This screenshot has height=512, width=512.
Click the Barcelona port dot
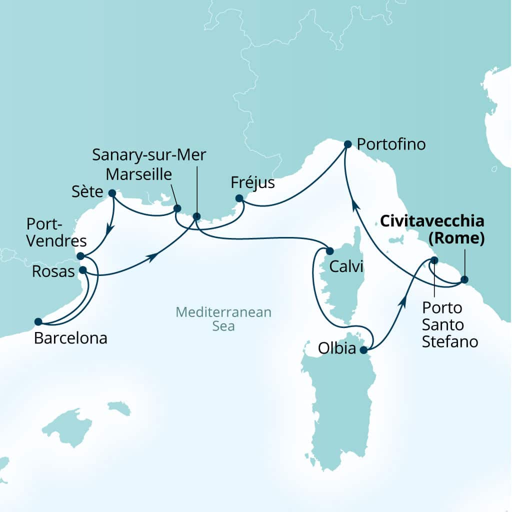[x=37, y=321]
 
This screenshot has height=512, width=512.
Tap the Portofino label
[x=391, y=144]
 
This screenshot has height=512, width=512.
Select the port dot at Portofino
[x=348, y=144]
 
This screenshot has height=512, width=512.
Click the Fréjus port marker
[x=239, y=198]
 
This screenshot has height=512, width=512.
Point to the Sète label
[x=87, y=192]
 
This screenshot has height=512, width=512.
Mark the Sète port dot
[x=112, y=193]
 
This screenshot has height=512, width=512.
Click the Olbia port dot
[x=363, y=349]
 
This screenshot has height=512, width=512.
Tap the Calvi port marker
[x=329, y=250]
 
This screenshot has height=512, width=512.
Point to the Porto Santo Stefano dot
[x=434, y=260]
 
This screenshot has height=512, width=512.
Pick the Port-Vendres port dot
[x=80, y=256]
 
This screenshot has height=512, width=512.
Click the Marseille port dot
[x=176, y=208]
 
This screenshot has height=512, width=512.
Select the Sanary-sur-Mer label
[x=149, y=154]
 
